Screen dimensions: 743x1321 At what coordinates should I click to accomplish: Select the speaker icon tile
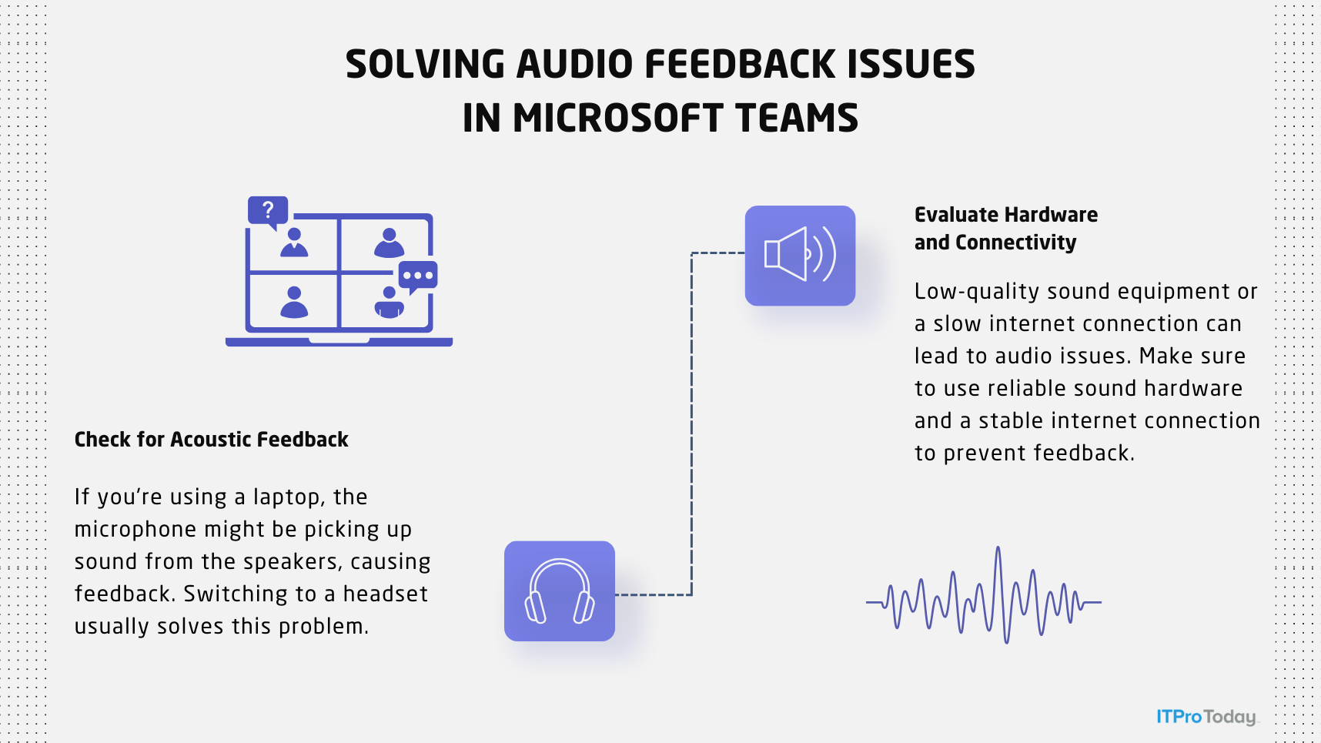pos(800,256)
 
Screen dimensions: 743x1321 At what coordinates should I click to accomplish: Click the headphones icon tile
pos(560,591)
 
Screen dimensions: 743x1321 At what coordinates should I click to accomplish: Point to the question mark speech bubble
pos(268,210)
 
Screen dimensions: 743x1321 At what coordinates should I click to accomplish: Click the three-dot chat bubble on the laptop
pos(418,276)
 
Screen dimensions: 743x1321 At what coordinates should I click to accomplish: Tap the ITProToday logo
pos(1206,717)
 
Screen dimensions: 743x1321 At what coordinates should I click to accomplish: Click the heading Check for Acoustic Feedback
pos(211,440)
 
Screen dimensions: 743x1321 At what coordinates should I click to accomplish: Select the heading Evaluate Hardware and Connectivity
pos(1005,229)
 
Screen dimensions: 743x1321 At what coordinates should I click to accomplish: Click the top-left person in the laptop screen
pos(294,243)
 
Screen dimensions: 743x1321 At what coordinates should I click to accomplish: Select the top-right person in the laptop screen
pos(389,243)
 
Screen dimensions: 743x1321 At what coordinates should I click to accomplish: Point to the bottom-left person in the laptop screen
pos(294,303)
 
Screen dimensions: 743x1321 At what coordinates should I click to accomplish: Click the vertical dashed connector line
pos(691,423)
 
